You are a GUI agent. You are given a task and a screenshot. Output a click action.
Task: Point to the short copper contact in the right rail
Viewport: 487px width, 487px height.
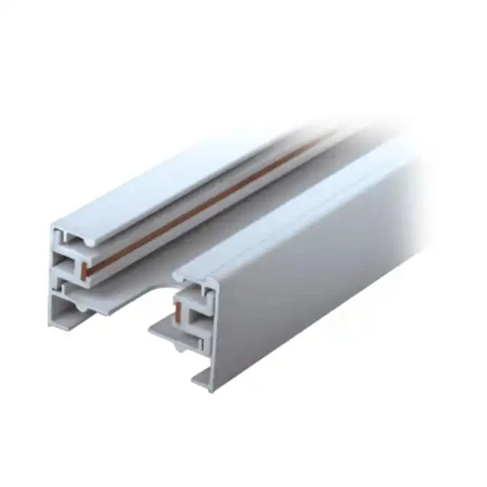(178, 307)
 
